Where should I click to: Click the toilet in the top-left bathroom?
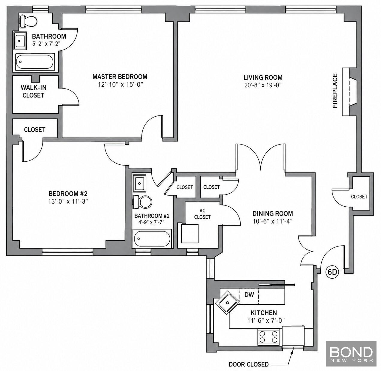(28, 21)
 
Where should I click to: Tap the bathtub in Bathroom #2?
(152, 238)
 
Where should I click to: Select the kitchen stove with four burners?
(268, 337)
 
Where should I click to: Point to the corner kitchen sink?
(227, 303)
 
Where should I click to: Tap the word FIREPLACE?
(335, 91)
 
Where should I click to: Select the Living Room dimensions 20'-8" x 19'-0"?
(263, 85)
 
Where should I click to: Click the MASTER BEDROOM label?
(120, 76)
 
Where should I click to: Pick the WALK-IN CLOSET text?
(34, 91)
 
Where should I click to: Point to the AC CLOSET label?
(202, 214)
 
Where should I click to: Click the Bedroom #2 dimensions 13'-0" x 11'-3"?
(68, 202)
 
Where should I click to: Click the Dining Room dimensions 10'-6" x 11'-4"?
(272, 221)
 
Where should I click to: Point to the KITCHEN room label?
(264, 313)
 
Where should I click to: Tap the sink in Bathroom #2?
(140, 183)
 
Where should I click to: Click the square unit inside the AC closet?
(190, 234)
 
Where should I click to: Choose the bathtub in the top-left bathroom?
(35, 62)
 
